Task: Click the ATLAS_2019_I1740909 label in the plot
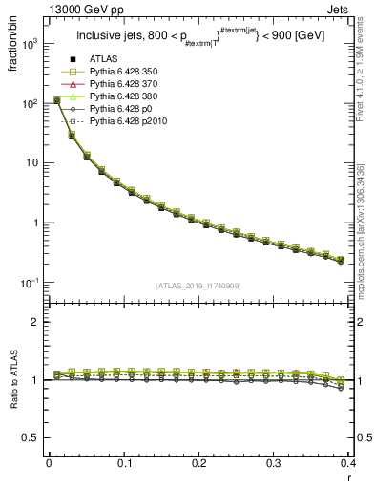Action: [x=198, y=285]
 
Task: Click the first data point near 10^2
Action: [x=56, y=99]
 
